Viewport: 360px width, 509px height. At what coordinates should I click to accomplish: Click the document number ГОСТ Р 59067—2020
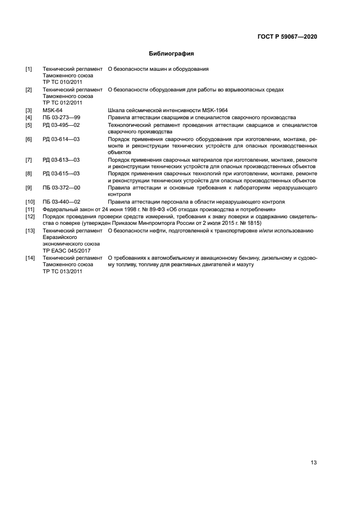[x=287, y=37]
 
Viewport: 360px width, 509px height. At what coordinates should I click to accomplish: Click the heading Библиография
[x=172, y=54]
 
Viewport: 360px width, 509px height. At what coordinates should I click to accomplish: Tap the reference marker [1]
[x=29, y=69]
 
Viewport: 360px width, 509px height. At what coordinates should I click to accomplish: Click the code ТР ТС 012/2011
[x=63, y=102]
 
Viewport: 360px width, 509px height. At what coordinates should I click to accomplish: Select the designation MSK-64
[x=52, y=111]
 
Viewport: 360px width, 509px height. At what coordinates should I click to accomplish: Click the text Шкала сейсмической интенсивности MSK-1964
[x=168, y=111]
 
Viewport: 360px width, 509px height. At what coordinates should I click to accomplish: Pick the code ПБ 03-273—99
[x=61, y=118]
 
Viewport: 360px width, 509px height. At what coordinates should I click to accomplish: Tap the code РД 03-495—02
[x=61, y=125]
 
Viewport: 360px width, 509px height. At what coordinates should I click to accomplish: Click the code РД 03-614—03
[x=61, y=139]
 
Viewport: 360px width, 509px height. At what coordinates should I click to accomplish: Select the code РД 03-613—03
[x=61, y=160]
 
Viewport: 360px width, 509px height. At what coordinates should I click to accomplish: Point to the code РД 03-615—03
[x=61, y=174]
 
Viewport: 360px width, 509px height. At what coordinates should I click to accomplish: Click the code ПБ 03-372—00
[x=61, y=188]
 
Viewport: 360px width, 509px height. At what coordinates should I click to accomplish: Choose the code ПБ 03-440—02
[x=61, y=202]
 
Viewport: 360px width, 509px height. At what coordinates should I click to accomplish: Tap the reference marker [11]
[x=30, y=209]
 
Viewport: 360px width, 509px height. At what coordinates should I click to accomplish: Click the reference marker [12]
[x=30, y=216]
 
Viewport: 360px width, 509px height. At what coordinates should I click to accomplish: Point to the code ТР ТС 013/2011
[x=63, y=271]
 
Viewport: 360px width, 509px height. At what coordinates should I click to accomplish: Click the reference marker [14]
[x=30, y=257]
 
